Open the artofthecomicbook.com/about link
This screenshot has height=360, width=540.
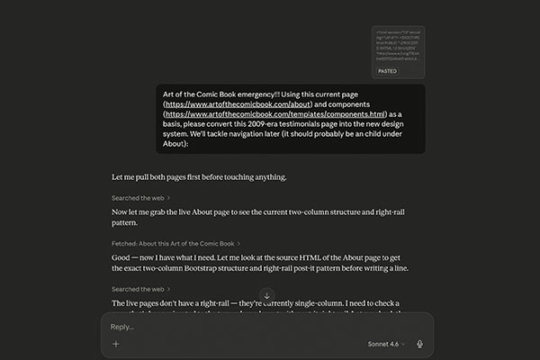pos(234,104)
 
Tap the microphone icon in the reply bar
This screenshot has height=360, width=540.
pos(418,344)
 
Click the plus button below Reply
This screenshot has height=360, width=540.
pos(116,344)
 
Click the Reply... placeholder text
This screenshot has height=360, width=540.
pos(121,327)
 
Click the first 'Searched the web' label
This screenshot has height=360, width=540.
pos(139,197)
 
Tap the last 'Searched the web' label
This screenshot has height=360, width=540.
pos(139,289)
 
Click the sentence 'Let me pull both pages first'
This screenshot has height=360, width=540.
pos(171,177)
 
